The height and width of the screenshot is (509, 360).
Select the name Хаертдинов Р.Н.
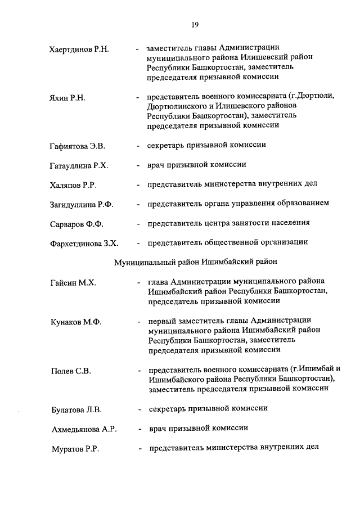[79, 50]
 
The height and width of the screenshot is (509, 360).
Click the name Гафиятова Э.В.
[77, 146]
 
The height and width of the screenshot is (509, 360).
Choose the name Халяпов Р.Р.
[73, 185]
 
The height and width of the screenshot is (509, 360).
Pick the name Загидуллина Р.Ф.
[82, 205]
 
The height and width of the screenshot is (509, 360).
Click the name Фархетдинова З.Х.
[83, 244]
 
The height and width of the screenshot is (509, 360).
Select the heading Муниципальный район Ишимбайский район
[196, 262]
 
